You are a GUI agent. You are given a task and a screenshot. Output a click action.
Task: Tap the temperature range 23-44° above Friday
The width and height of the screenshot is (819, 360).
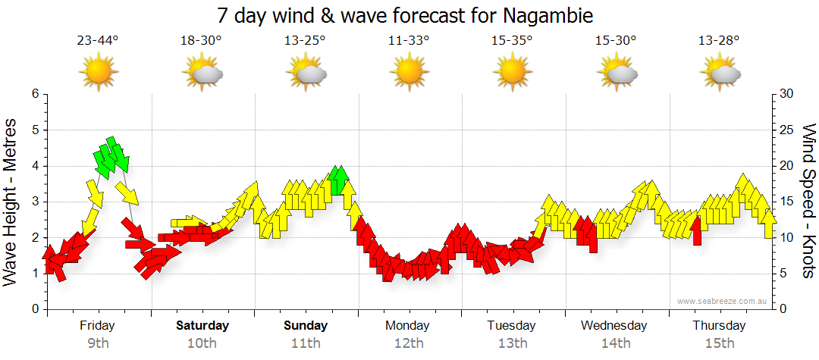98,40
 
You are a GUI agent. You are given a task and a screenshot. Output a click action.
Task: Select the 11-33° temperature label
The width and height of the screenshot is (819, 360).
409,40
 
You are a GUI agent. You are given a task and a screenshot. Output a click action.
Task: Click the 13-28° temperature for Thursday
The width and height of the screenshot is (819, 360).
720,40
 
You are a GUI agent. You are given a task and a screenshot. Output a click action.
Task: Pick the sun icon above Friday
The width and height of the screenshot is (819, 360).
99,72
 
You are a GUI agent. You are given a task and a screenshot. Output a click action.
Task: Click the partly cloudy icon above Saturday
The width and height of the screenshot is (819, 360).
202,73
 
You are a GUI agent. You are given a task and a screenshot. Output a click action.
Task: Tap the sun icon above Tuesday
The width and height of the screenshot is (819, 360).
513,72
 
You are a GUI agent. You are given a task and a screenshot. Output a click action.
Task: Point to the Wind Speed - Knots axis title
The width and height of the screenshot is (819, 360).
808,201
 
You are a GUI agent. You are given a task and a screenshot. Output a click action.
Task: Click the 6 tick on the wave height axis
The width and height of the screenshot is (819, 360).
35,94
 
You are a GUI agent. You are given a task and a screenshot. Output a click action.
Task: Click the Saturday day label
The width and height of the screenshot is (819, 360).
202,326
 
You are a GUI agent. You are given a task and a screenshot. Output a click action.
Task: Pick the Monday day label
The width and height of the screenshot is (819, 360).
409,326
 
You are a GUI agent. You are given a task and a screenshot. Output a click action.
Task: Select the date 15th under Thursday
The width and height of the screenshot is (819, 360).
720,343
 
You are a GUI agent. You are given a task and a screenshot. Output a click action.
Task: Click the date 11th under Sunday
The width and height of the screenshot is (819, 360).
306,343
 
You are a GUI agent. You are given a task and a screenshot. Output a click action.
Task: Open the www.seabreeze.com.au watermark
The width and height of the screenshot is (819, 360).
723,301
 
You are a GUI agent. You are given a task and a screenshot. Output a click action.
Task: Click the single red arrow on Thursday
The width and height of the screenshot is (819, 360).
698,230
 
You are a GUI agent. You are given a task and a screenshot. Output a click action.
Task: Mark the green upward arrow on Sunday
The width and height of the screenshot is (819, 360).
339,180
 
